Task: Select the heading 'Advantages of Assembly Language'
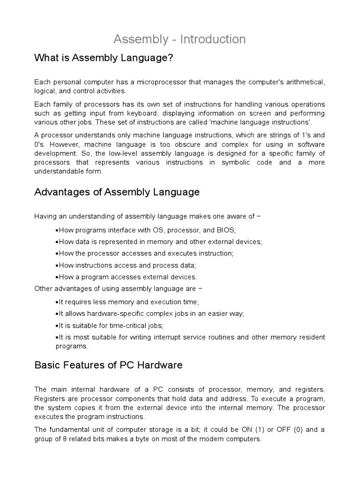click(117, 192)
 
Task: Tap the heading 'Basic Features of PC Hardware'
click(108, 365)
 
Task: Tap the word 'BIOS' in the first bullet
click(226, 230)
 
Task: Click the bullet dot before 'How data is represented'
click(56, 242)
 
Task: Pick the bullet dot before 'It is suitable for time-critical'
click(56, 325)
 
